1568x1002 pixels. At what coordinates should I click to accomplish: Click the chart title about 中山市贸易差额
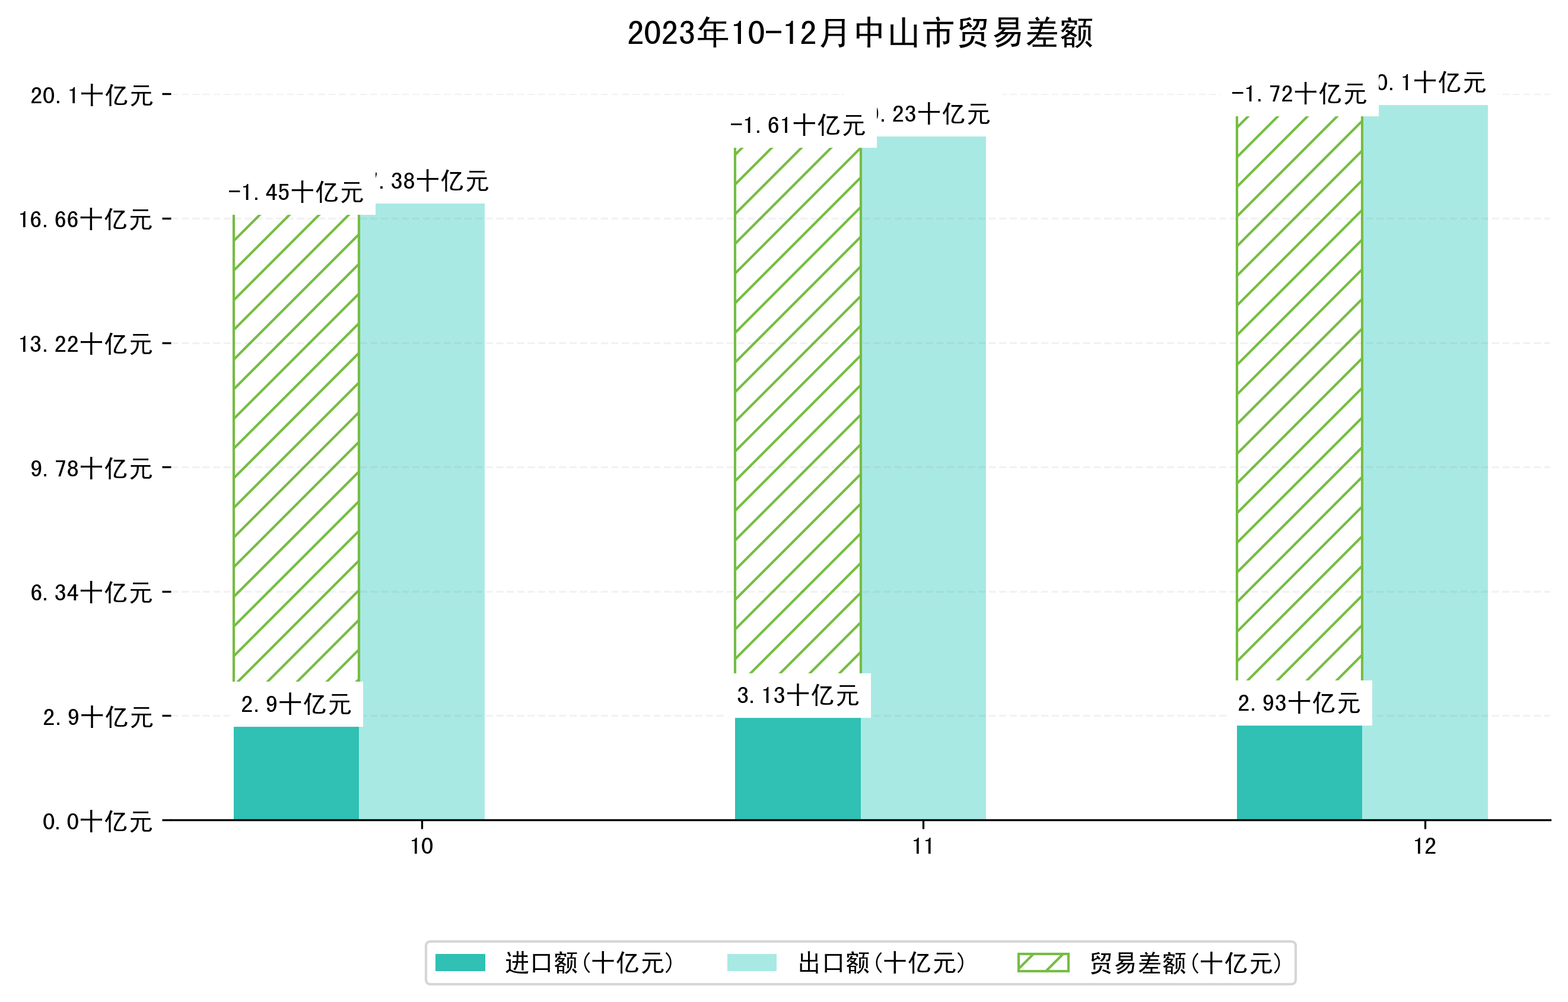[859, 33]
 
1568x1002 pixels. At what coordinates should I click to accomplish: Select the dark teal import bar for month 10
[296, 773]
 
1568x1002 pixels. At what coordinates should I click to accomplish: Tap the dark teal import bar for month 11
[798, 768]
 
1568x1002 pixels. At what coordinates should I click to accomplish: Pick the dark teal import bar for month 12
[1299, 772]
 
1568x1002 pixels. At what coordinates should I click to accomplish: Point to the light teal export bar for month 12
[1425, 462]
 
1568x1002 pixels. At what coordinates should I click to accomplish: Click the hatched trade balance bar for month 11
[798, 410]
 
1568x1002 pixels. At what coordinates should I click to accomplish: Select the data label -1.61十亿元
[798, 126]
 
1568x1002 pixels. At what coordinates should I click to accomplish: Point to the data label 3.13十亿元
[799, 696]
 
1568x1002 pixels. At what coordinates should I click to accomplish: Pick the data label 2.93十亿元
[1299, 704]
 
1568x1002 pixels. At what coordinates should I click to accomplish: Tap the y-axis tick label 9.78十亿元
[92, 469]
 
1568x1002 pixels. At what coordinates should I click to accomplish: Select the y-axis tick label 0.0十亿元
[98, 822]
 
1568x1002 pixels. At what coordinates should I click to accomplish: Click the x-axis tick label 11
[923, 847]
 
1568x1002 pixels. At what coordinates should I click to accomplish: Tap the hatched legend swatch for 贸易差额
[1043, 963]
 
